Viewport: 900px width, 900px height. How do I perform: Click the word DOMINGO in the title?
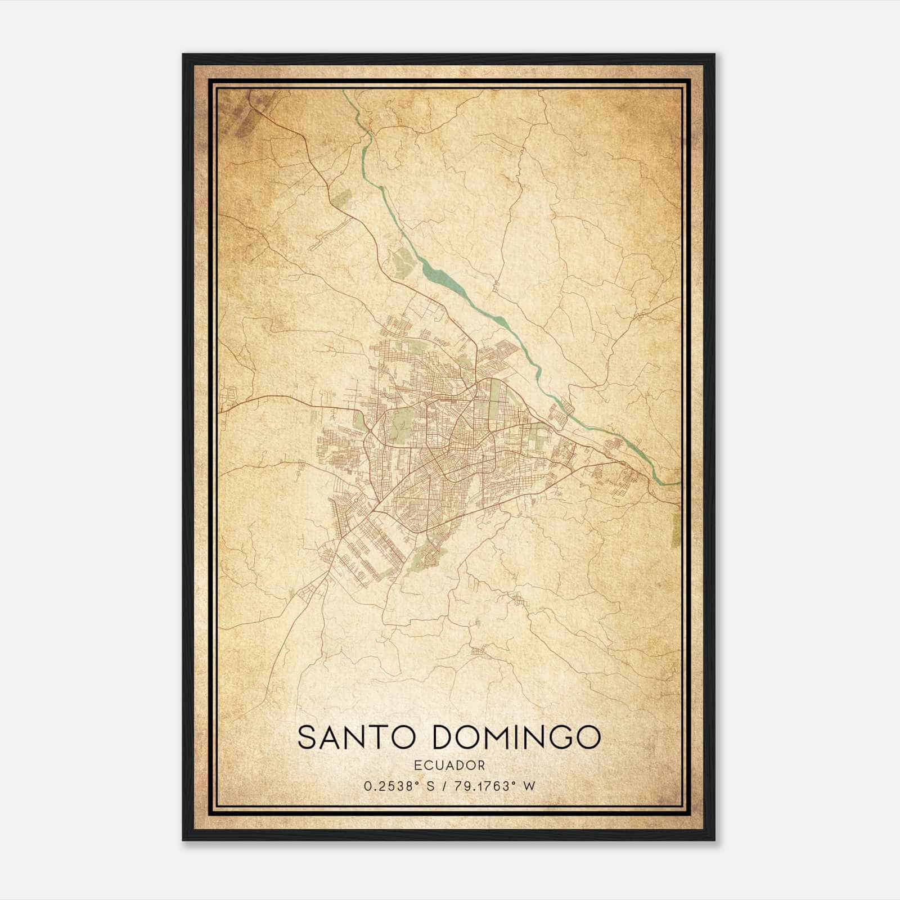point(516,737)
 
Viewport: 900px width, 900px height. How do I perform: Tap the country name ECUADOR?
point(449,765)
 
